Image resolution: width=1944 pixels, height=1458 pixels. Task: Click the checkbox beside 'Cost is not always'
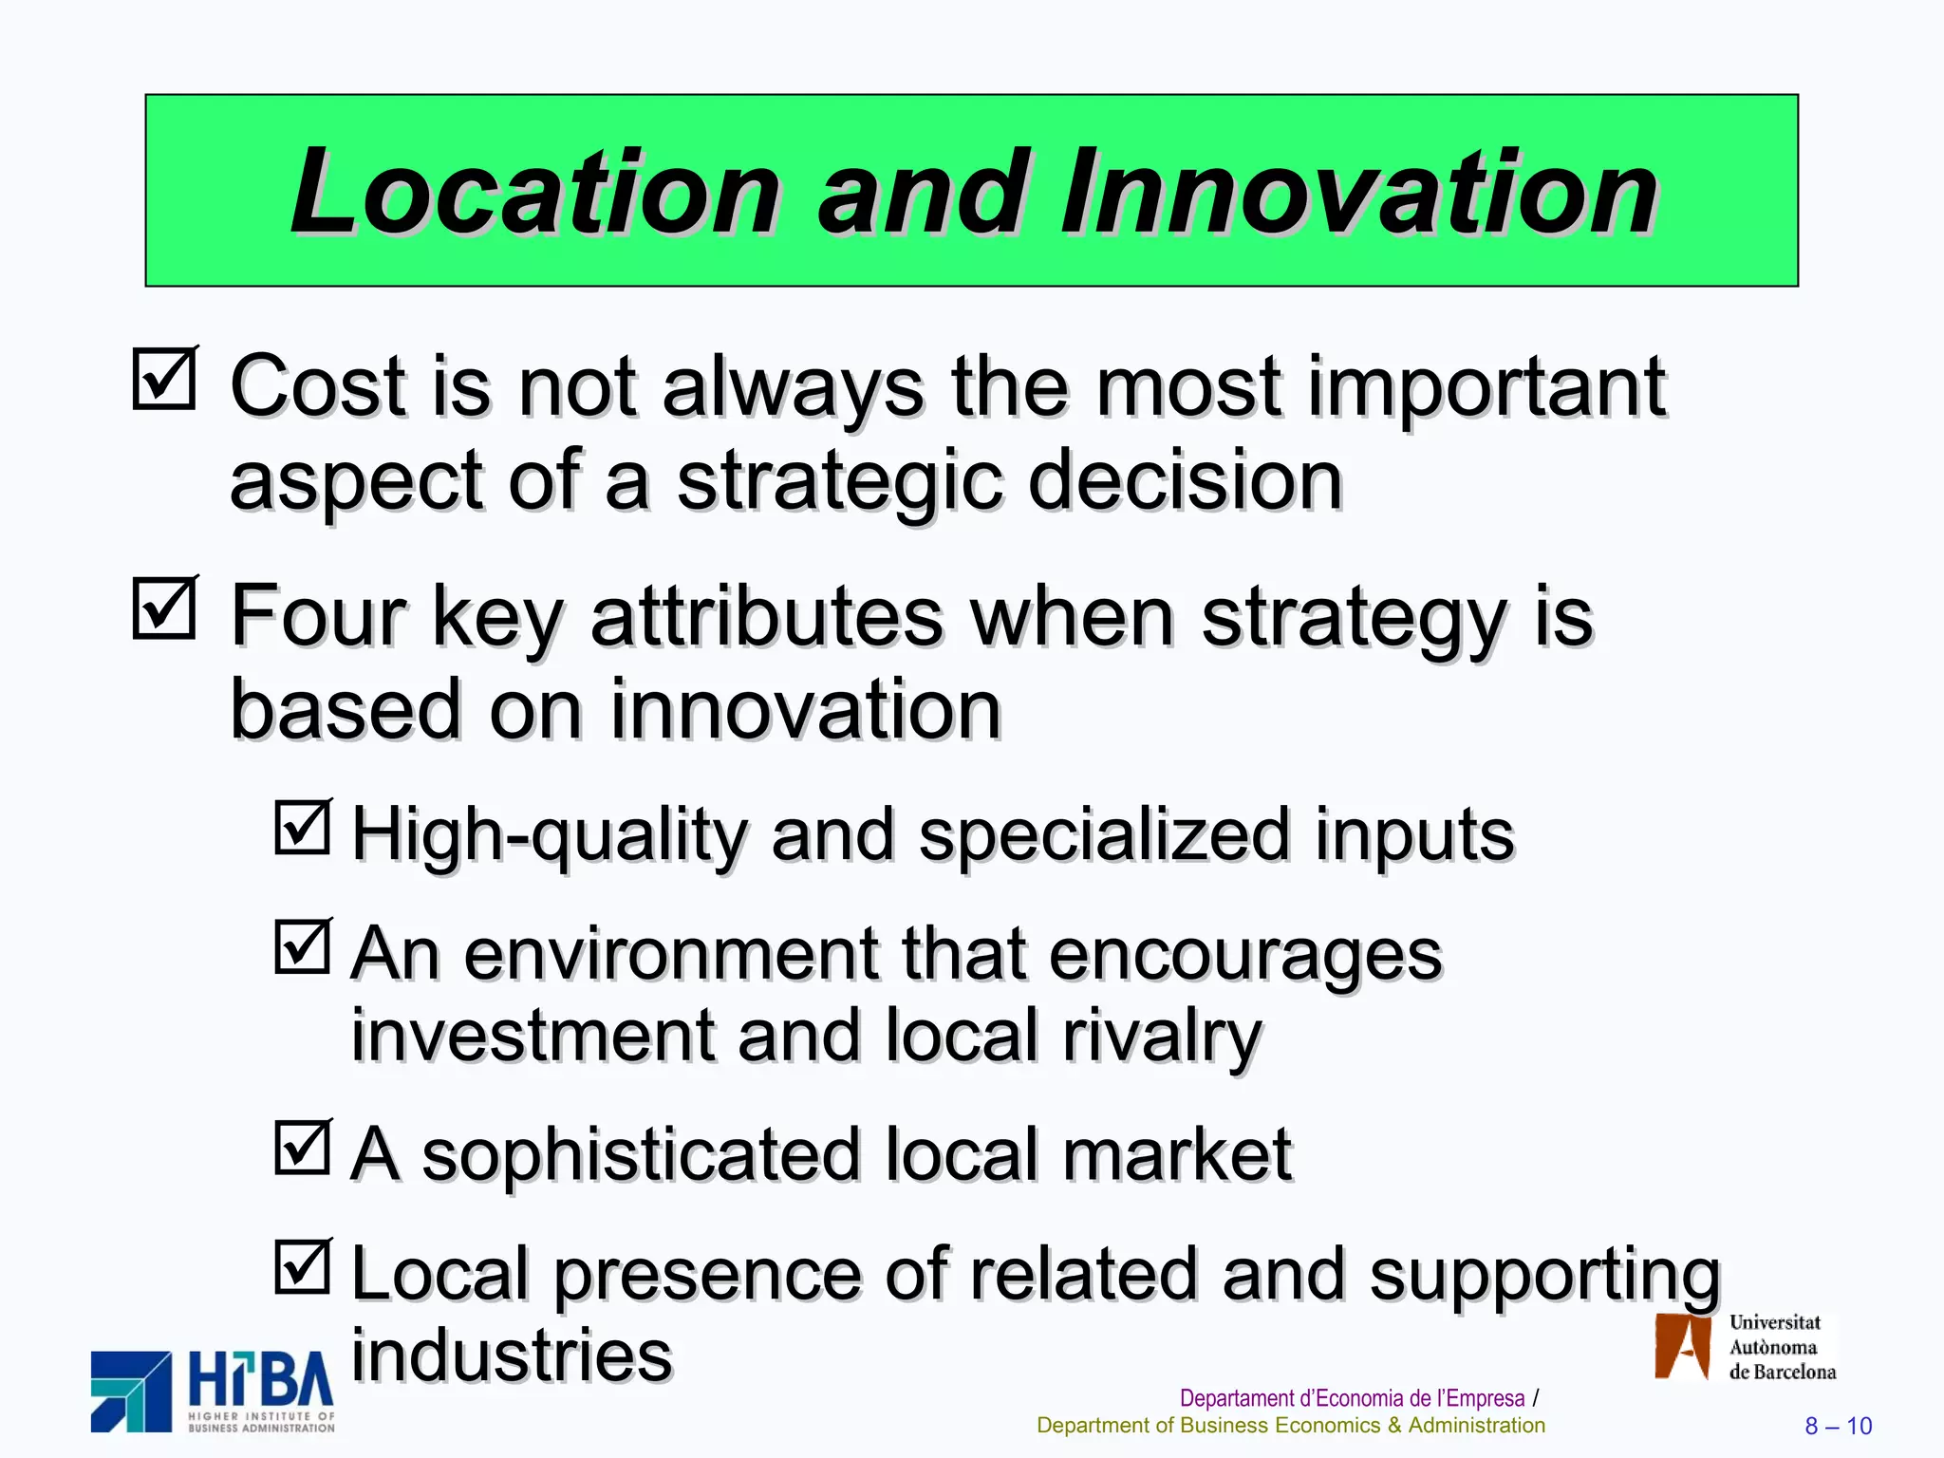tap(164, 378)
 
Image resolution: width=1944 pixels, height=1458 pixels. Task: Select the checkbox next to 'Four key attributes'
tap(164, 607)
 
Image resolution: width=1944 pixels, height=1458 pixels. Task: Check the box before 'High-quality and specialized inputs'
tap(303, 827)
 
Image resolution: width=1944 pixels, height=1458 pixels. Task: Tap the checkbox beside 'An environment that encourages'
tap(303, 946)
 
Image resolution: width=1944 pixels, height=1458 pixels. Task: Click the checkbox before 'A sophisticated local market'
tap(303, 1148)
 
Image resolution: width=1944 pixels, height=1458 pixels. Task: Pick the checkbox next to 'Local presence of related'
tap(303, 1267)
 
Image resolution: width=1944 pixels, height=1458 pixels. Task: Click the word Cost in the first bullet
tap(317, 387)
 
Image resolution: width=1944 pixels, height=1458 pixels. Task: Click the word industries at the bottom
tap(512, 1355)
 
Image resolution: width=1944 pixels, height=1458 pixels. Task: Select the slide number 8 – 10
tap(1838, 1426)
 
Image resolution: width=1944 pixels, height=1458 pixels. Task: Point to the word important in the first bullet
tap(1486, 387)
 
